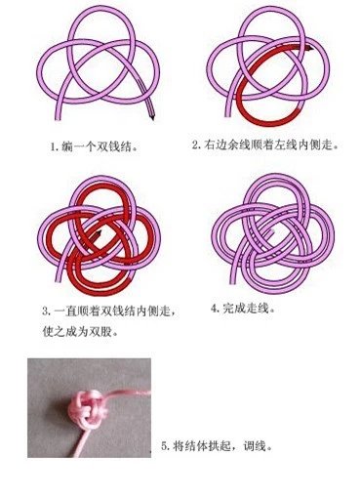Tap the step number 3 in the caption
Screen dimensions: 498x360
(46, 311)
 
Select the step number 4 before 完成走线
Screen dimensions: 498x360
(215, 309)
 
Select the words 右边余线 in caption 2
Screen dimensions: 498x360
(226, 144)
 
